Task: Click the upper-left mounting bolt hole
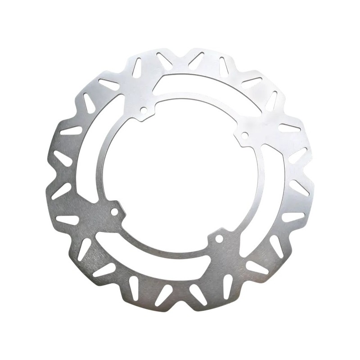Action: (144, 109)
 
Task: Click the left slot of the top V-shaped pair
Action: (164, 61)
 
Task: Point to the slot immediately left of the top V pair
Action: (137, 67)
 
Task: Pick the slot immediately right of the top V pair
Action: (224, 67)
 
